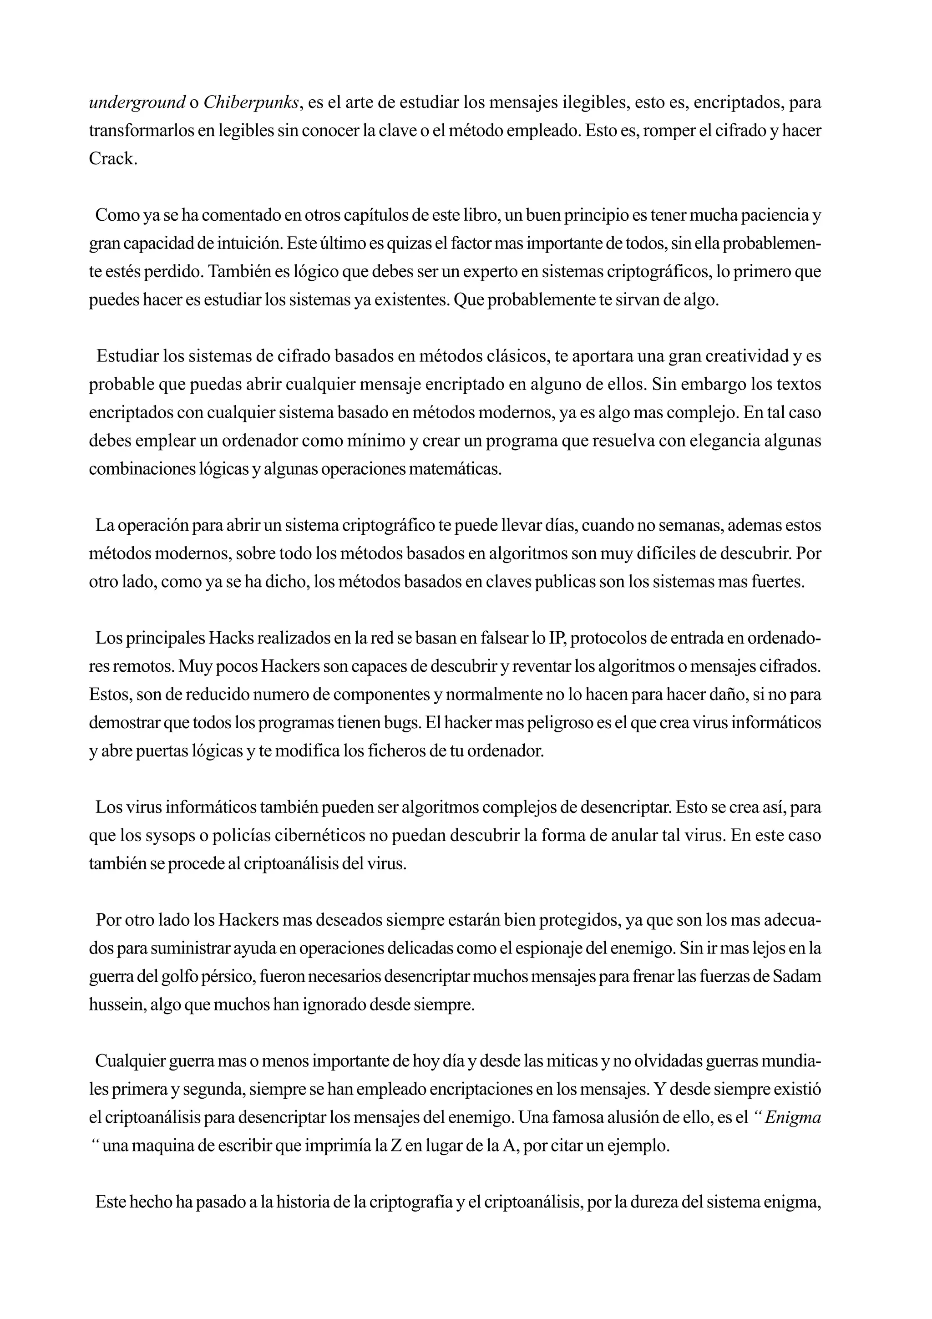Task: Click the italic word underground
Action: pos(137,103)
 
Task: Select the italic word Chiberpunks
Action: pos(250,103)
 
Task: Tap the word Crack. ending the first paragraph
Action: pos(113,159)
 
